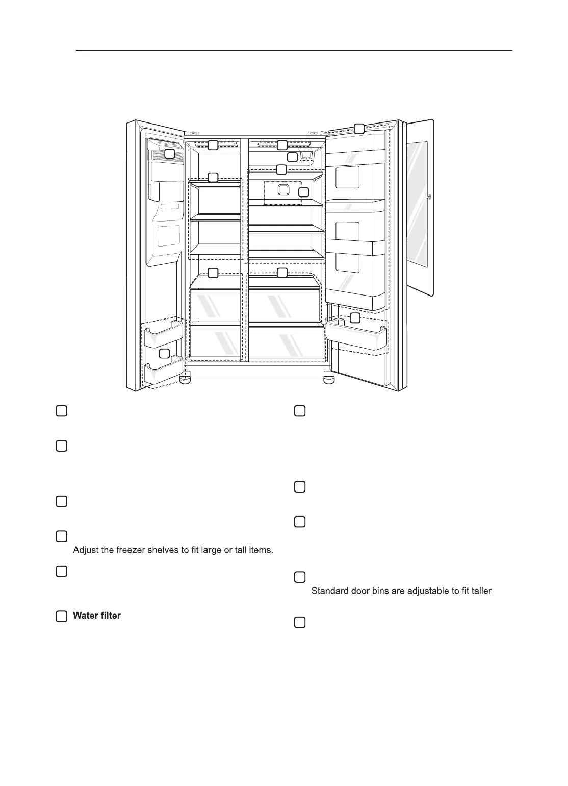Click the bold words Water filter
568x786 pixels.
coord(97,616)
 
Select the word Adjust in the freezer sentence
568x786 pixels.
coord(86,550)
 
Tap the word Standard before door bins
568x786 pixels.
coord(330,591)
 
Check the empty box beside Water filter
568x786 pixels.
coord(61,616)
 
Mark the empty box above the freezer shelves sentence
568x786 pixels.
coord(61,536)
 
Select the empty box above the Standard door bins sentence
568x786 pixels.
coord(300,577)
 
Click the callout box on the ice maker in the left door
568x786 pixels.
coord(169,153)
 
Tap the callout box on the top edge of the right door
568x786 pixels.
coord(359,128)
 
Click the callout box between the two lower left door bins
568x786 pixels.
coord(164,353)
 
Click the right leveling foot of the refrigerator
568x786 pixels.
coord(328,379)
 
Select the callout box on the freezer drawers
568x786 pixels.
coord(214,273)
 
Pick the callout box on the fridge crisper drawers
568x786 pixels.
coord(282,273)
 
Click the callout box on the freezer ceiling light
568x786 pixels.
coord(214,145)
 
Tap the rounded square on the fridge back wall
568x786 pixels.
coord(283,190)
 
